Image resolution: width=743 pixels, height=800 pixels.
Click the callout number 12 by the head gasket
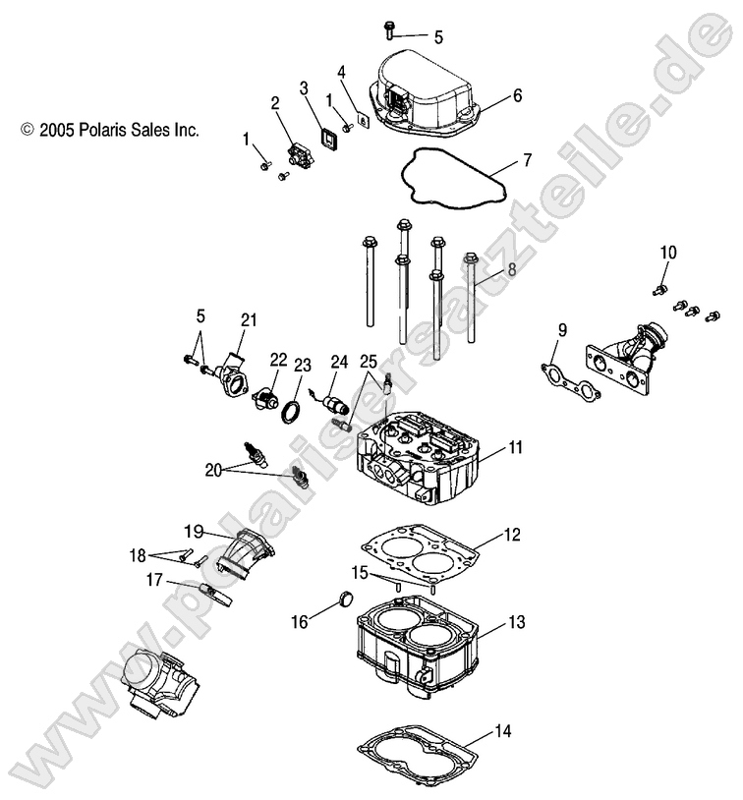tap(511, 535)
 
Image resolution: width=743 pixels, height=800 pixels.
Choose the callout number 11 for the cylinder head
tap(516, 448)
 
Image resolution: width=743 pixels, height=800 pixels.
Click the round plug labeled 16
tap(343, 600)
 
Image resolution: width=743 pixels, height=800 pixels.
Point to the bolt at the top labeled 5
tap(390, 29)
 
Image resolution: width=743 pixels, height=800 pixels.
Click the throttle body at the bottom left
tap(158, 684)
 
